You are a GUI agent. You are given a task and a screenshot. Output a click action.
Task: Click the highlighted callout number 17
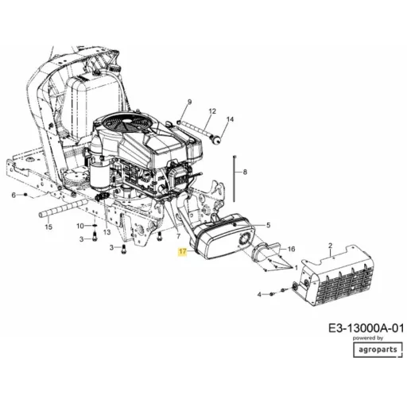click(183, 251)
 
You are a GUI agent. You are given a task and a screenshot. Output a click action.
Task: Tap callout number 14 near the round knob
click(231, 119)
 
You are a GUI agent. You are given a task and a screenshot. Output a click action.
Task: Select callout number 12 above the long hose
click(212, 111)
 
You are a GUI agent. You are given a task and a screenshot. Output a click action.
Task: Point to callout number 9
click(189, 102)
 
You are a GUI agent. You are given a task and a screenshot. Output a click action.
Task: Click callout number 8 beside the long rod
click(245, 172)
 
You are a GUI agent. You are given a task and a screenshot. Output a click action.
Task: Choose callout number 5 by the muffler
click(268, 225)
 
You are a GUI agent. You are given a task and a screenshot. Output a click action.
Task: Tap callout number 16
click(291, 249)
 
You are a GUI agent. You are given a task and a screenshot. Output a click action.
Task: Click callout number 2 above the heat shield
click(330, 246)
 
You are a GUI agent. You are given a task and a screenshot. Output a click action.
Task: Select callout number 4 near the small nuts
click(259, 294)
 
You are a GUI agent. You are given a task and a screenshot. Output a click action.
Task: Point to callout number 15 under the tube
click(48, 227)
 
